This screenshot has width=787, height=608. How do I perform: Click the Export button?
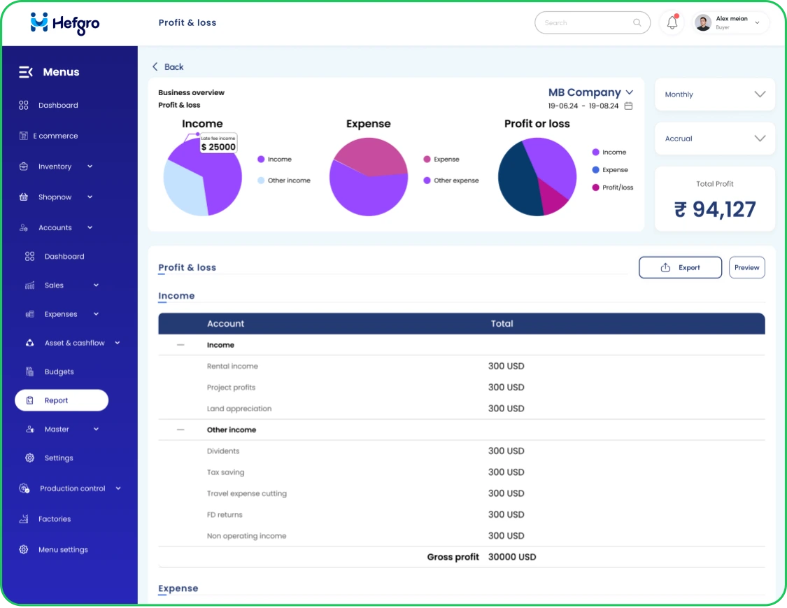tap(680, 267)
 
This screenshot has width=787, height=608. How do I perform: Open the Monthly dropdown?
tap(714, 94)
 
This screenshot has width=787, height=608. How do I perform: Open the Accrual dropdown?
tap(714, 139)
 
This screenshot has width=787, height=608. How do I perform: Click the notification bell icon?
tap(672, 23)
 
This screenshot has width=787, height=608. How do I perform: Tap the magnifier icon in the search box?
tap(637, 23)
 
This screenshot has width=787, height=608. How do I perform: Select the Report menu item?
tap(62, 400)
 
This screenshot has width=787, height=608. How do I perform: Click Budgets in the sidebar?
tap(59, 372)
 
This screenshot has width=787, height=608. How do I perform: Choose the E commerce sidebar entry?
tap(55, 136)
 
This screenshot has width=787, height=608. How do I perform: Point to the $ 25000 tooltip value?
tap(218, 147)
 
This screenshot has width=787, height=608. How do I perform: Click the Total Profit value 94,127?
tap(714, 209)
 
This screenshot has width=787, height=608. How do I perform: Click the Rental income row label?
tap(232, 366)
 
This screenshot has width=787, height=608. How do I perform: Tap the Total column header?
tap(502, 323)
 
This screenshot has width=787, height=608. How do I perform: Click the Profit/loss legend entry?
tap(617, 188)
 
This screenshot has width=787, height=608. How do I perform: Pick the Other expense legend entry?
tap(455, 181)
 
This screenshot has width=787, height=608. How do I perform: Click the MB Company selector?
tap(590, 92)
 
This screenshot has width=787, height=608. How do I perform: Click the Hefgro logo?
tap(65, 23)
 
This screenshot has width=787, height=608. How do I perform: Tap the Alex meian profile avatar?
tap(703, 23)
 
